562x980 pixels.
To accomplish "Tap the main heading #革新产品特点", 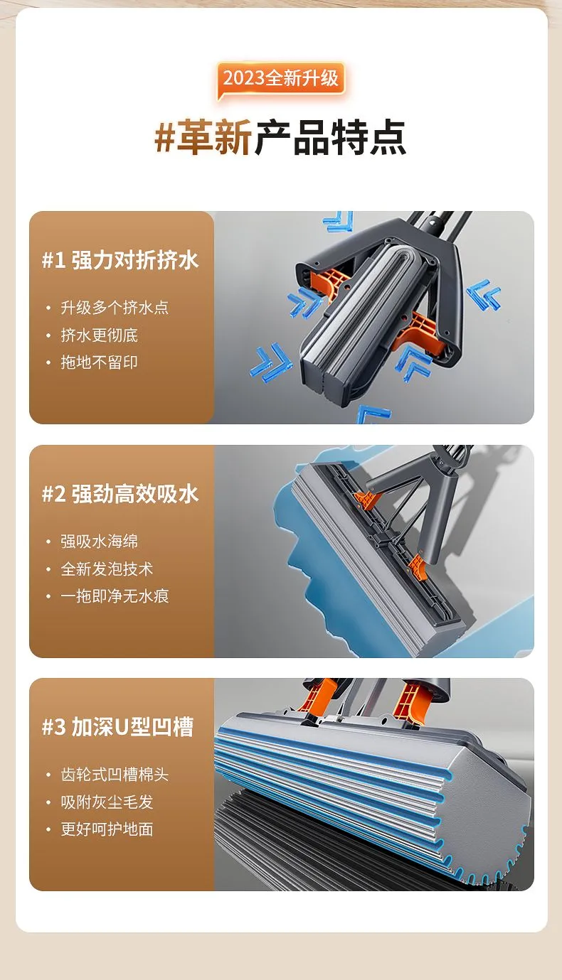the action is [x=280, y=137].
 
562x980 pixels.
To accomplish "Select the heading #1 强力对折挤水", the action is [x=120, y=260].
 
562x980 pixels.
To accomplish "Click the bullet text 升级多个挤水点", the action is [x=115, y=308].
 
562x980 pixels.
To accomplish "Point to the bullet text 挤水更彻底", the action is [x=100, y=335].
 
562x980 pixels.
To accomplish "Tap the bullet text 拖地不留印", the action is [x=100, y=362].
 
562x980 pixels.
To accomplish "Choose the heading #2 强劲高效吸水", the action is [x=120, y=494].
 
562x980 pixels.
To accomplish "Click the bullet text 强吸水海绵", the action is [x=100, y=542].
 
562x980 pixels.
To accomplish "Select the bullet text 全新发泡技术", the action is [x=107, y=569].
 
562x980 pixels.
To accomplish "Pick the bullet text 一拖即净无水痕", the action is [x=115, y=596].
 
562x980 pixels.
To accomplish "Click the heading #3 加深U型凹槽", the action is [x=117, y=728].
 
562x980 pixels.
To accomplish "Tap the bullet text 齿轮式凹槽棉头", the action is [x=115, y=775].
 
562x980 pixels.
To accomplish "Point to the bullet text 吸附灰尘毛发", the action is [x=107, y=802].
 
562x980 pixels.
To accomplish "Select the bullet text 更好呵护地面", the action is [x=107, y=829].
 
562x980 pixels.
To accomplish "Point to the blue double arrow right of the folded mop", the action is [x=484, y=294].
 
